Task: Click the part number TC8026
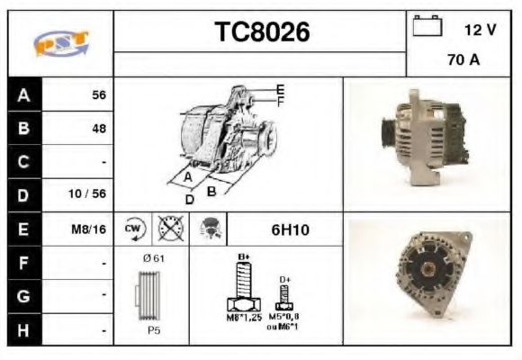(261, 32)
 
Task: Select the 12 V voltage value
(480, 30)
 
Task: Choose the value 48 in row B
(98, 128)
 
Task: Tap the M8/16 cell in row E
(89, 229)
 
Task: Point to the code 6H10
(290, 230)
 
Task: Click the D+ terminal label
(285, 280)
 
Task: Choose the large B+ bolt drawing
(242, 289)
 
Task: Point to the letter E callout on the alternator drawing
(281, 88)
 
